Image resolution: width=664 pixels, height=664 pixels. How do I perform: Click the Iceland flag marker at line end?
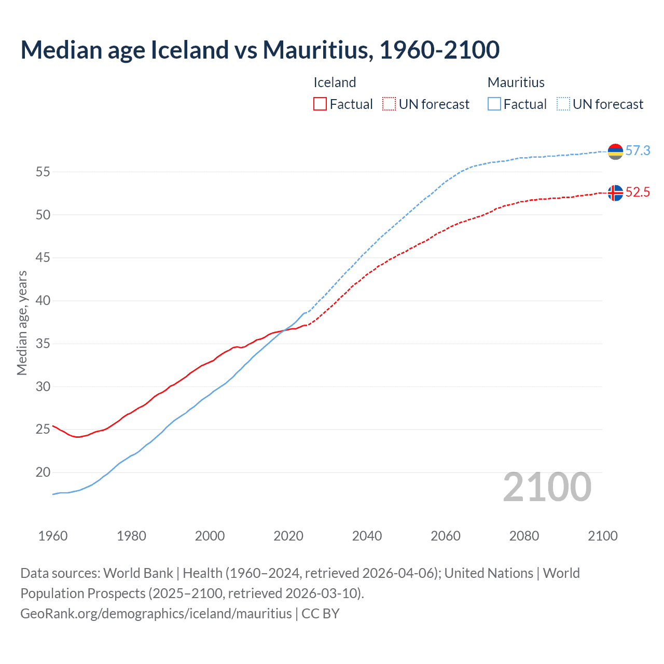pyautogui.click(x=615, y=193)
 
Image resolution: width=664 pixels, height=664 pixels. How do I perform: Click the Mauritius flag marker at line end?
pyautogui.click(x=615, y=151)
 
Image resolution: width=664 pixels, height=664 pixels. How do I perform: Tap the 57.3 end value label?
pyautogui.click(x=638, y=151)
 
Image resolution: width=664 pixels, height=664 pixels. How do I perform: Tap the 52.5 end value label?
pyautogui.click(x=638, y=192)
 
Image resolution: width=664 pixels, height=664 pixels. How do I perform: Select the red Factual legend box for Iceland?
pyautogui.click(x=320, y=104)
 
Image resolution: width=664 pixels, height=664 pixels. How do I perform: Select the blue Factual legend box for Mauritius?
pyautogui.click(x=494, y=104)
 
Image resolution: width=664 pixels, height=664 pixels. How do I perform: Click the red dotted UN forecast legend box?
pyautogui.click(x=389, y=104)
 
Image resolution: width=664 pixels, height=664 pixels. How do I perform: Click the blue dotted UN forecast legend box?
pyautogui.click(x=563, y=104)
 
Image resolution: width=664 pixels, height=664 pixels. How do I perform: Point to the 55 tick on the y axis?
pyautogui.click(x=43, y=172)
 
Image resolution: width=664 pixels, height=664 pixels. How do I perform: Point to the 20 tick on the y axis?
pyautogui.click(x=43, y=473)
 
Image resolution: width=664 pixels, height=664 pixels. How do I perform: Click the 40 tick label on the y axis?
pyautogui.click(x=43, y=301)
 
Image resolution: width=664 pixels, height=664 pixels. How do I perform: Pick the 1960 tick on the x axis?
pyautogui.click(x=53, y=536)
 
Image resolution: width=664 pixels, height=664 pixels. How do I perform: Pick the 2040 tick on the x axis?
pyautogui.click(x=367, y=536)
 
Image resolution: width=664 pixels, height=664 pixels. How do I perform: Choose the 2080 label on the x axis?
pyautogui.click(x=524, y=536)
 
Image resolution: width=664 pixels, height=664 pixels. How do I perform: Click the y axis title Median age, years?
pyautogui.click(x=22, y=323)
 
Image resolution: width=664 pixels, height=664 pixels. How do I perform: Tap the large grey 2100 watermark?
pyautogui.click(x=547, y=487)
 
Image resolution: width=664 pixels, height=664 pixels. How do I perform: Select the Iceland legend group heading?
pyautogui.click(x=335, y=82)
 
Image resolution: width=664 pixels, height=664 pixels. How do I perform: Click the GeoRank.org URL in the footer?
pyautogui.click(x=156, y=614)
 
